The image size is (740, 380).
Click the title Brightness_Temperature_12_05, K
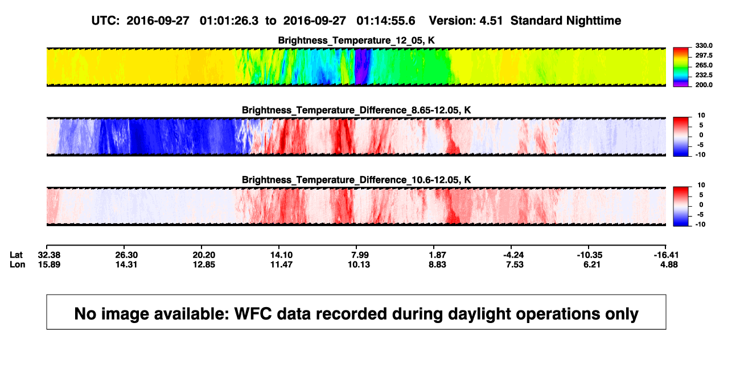(356, 40)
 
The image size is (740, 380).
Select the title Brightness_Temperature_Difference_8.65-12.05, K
(356, 110)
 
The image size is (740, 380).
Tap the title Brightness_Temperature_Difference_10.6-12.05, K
(356, 180)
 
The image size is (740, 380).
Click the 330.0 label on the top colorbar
(704, 46)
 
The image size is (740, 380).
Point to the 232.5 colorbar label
(704, 75)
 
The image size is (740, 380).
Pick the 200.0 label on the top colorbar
(704, 85)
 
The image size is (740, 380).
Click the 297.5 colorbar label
(704, 56)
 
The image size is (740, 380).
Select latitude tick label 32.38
(49, 255)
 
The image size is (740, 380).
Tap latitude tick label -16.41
(666, 255)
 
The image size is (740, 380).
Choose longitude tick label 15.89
(49, 264)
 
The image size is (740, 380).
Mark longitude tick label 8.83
(437, 264)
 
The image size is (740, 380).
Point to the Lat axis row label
(16, 255)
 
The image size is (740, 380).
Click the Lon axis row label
(17, 264)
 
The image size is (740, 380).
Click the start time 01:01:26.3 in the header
(229, 21)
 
